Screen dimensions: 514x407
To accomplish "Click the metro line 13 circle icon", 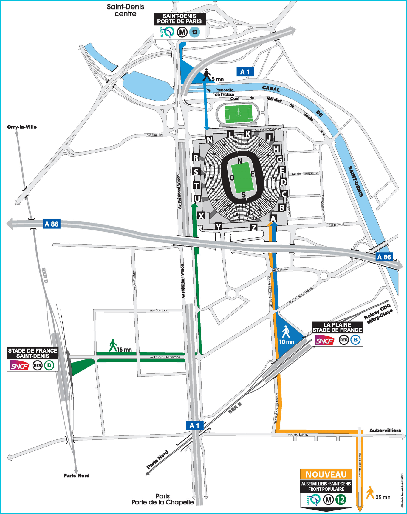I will (x=194, y=32).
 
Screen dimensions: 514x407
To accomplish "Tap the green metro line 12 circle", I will (x=341, y=499).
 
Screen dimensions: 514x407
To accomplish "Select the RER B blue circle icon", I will (x=355, y=340).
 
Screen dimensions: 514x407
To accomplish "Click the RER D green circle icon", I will (x=49, y=365).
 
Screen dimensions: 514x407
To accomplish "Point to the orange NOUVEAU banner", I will (x=326, y=474).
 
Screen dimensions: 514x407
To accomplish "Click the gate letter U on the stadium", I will (x=197, y=199).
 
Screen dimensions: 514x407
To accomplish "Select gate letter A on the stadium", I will (x=273, y=218).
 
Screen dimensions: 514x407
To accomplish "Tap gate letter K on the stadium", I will (x=247, y=134).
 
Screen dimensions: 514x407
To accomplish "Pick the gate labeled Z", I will (x=253, y=228).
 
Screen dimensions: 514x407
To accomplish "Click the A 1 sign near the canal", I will (x=245, y=72).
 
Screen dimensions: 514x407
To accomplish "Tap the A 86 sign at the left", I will (x=52, y=224).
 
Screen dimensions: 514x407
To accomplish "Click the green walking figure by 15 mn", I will (x=113, y=346).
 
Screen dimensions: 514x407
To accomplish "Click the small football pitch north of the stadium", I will (x=239, y=114).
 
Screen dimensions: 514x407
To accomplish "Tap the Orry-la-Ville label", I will (x=22, y=127).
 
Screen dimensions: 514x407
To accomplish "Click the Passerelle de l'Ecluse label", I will (x=224, y=92).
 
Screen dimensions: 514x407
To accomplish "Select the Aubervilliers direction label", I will (x=385, y=430).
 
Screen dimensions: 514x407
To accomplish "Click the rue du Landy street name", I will (x=298, y=435).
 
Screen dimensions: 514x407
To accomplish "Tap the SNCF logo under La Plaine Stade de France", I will (x=324, y=340).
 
